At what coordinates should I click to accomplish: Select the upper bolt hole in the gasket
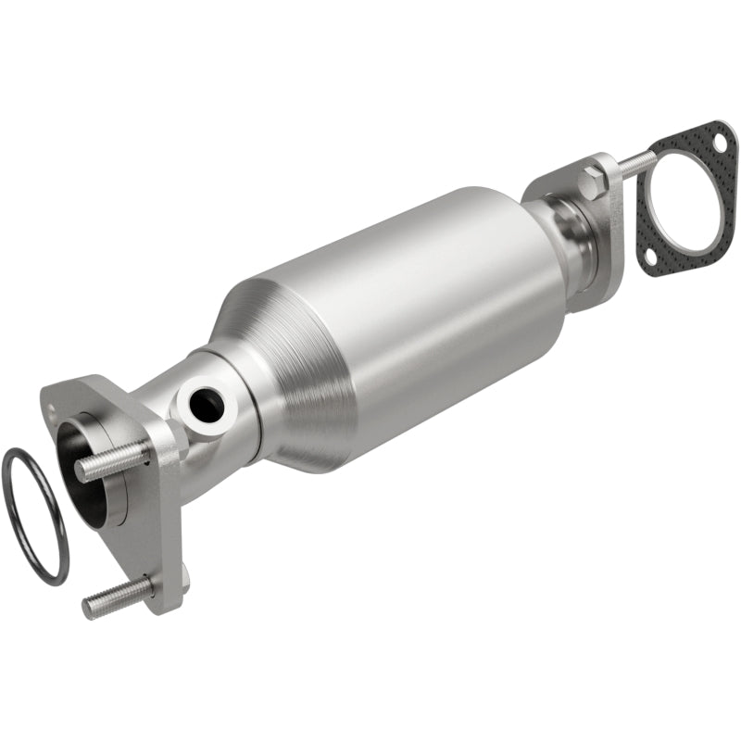(x=716, y=144)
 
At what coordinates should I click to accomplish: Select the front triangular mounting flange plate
(x=153, y=519)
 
